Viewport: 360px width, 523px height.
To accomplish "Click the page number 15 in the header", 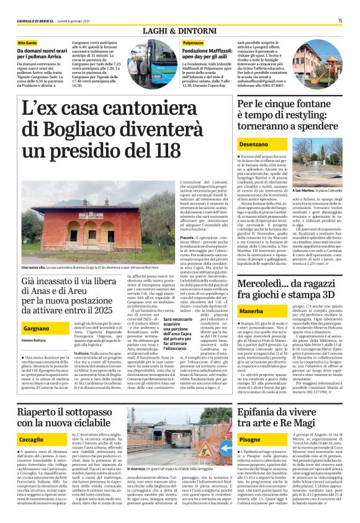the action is click(340, 20).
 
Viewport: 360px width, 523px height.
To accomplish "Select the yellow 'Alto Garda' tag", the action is click(27, 43).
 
